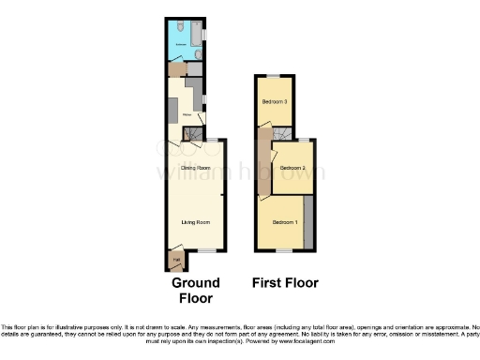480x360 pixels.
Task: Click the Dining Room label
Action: (195, 168)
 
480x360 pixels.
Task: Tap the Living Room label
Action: (195, 222)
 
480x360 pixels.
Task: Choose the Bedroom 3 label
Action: (274, 101)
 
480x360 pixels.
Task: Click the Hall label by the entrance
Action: (174, 257)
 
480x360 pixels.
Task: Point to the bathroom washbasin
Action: (198, 54)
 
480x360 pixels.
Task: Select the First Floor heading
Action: (285, 282)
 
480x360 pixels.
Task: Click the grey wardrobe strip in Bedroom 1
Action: (308, 222)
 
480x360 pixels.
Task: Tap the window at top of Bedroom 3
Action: (273, 76)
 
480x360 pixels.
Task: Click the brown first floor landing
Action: (265, 164)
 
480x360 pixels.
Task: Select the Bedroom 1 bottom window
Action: (285, 251)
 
